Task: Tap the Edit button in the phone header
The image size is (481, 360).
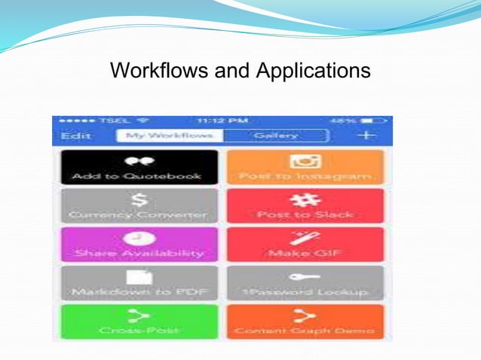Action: (75, 136)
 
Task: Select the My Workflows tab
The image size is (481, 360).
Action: (169, 136)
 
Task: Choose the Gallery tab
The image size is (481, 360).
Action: (276, 136)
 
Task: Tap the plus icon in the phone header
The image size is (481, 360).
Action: (366, 136)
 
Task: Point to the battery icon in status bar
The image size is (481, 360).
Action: (376, 121)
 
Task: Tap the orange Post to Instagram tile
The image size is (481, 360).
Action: (305, 167)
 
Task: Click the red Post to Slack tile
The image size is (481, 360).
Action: (305, 206)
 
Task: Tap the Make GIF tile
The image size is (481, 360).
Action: (305, 244)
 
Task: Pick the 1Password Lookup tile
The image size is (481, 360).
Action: (305, 282)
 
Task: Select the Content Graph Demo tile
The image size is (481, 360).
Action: (305, 321)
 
